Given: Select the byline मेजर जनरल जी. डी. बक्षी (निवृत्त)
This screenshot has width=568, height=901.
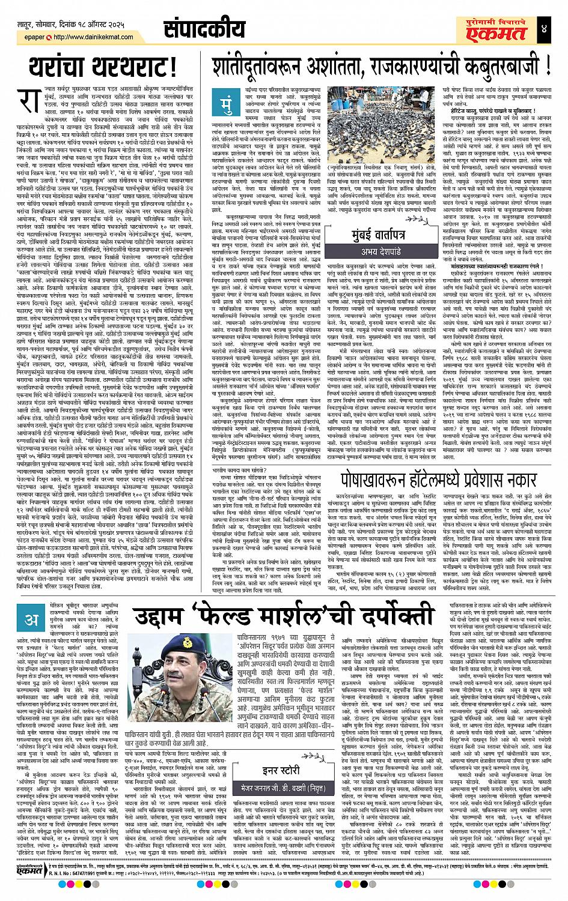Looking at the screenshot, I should pyautogui.click(x=299, y=782).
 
